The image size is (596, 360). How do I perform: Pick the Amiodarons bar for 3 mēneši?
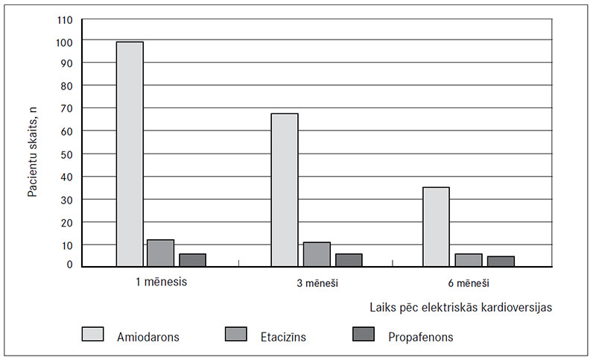pyautogui.click(x=285, y=190)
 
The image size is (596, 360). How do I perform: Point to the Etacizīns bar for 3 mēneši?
pyautogui.click(x=317, y=254)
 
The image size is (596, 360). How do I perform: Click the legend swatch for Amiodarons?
pyautogui.click(x=93, y=335)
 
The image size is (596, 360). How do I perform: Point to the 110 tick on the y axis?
pyautogui.click(x=66, y=19)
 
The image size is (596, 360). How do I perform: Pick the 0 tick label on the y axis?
pyautogui.click(x=70, y=264)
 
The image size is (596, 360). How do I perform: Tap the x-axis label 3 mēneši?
pyautogui.click(x=317, y=284)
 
